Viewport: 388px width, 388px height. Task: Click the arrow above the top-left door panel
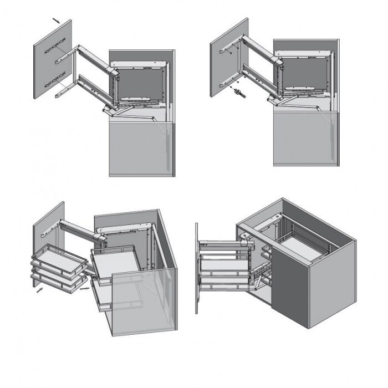click(x=57, y=20)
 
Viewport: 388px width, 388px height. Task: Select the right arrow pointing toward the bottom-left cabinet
click(x=83, y=288)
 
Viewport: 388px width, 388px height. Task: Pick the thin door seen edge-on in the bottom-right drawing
click(x=197, y=268)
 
